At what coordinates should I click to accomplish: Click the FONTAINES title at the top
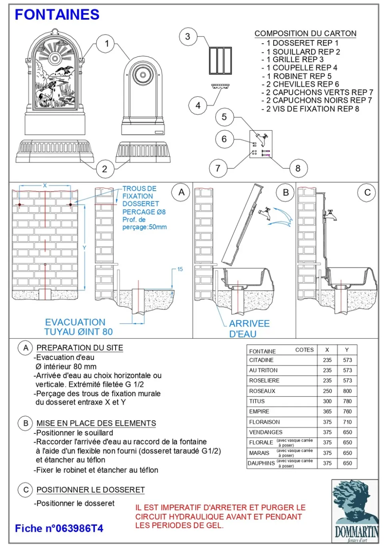(57, 15)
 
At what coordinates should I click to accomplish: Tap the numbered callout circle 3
(188, 37)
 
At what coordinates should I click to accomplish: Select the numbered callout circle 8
(298, 168)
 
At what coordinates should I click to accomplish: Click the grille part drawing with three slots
(220, 60)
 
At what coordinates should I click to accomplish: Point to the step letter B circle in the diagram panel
(286, 192)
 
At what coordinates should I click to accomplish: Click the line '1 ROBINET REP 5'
(299, 76)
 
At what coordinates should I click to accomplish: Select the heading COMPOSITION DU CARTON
(305, 34)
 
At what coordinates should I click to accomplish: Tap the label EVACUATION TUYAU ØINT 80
(78, 327)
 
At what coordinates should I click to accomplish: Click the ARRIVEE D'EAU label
(249, 328)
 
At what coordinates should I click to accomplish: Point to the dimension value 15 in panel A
(180, 269)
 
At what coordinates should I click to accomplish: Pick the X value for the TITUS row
(327, 401)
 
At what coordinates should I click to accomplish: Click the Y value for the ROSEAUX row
(347, 391)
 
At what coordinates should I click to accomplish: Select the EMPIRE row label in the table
(259, 411)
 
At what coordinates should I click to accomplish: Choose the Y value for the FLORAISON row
(347, 422)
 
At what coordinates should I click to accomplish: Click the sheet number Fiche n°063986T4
(59, 528)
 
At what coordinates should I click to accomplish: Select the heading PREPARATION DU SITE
(80, 348)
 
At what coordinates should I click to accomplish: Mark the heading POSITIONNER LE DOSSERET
(90, 490)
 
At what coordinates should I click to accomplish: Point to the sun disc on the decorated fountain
(55, 58)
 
